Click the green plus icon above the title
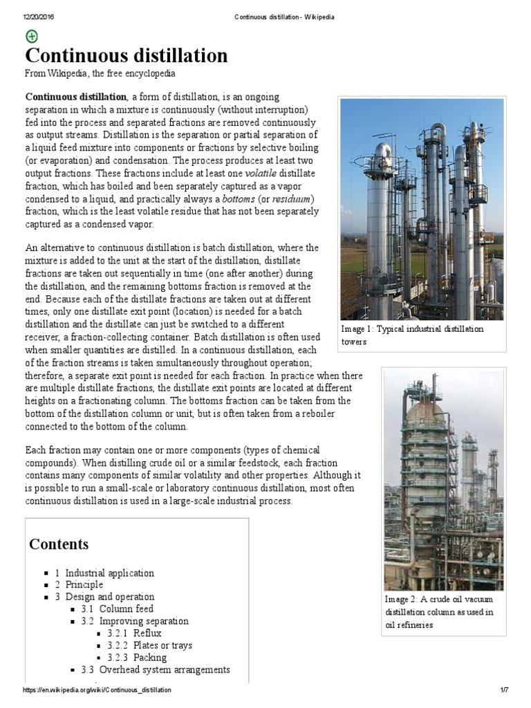click(x=32, y=37)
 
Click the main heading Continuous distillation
click(x=127, y=56)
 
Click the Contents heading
click(x=59, y=543)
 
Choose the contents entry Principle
click(x=84, y=585)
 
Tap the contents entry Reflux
click(x=147, y=633)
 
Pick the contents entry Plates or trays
click(x=162, y=645)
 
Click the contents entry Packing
click(x=150, y=657)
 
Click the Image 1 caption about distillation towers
click(x=413, y=335)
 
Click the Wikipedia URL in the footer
click(x=97, y=691)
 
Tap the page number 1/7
click(x=504, y=691)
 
